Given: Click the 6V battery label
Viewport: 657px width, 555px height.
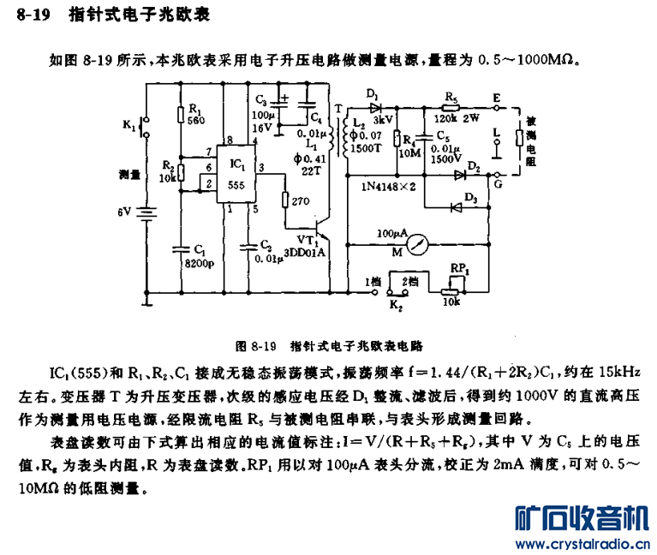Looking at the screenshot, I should (126, 211).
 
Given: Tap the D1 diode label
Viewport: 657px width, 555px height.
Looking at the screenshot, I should (372, 92).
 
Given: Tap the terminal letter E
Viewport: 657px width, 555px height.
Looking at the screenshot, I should (497, 97).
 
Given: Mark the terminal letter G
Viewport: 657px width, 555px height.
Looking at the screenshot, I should (498, 183).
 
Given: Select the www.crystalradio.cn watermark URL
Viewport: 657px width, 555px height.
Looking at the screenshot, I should (580, 545).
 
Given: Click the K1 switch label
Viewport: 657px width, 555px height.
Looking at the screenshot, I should (129, 126).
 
